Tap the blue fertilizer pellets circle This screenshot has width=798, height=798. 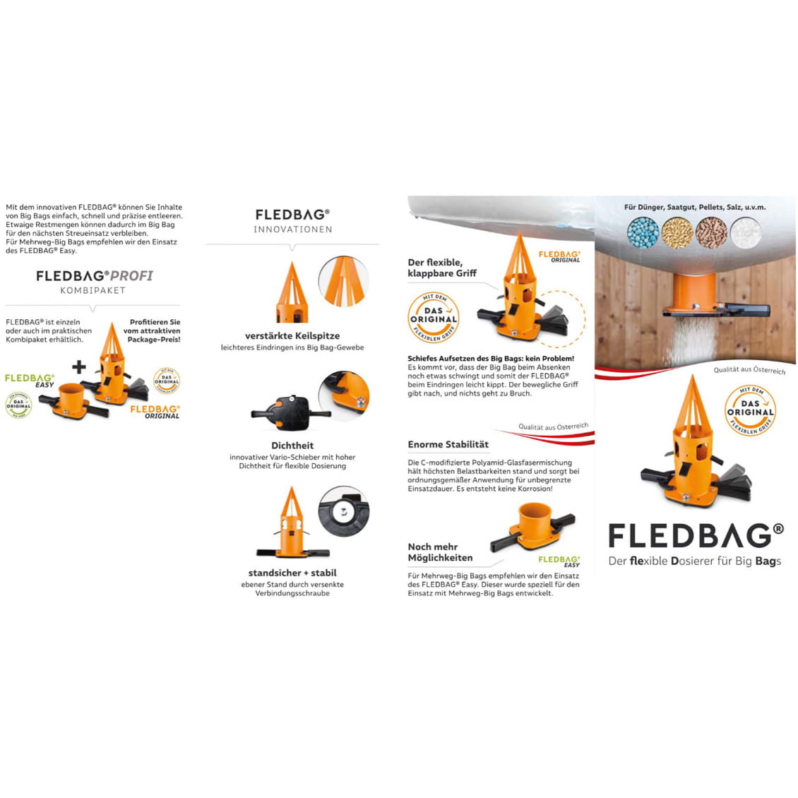pyautogui.click(x=641, y=232)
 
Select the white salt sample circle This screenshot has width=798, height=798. pyautogui.click(x=745, y=232)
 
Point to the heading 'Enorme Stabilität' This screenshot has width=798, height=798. pyautogui.click(x=448, y=444)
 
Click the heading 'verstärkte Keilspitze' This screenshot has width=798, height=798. pyautogui.click(x=292, y=335)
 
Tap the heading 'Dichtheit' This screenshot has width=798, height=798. pyautogui.click(x=292, y=446)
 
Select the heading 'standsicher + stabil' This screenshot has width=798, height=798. pyautogui.click(x=292, y=573)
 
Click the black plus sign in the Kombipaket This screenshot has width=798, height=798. pyautogui.click(x=79, y=367)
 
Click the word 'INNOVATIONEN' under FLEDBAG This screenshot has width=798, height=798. pyautogui.click(x=292, y=230)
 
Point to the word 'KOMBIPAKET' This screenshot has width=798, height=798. pyautogui.click(x=93, y=290)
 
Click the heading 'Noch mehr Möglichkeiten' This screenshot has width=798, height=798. pyautogui.click(x=440, y=552)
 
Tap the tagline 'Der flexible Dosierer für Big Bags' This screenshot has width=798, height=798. pyautogui.click(x=695, y=561)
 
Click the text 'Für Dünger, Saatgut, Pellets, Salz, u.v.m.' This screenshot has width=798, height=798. pyautogui.click(x=694, y=208)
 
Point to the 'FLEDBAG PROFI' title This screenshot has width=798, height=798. pyautogui.click(x=94, y=275)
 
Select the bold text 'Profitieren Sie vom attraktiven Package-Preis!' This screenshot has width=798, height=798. pyautogui.click(x=153, y=330)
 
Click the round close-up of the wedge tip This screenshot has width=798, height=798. pyautogui.click(x=344, y=281)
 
